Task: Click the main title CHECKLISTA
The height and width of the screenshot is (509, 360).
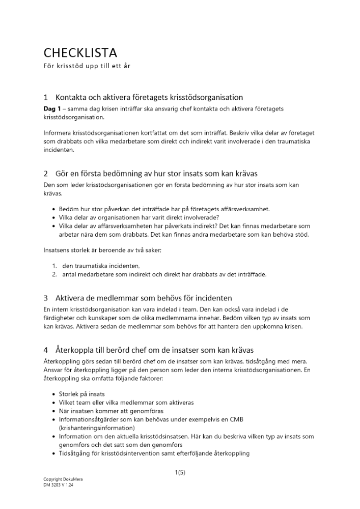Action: tap(80, 53)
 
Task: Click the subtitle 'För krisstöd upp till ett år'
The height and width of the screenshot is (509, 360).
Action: tap(87, 67)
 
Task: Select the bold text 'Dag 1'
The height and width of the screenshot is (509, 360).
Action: tap(52, 109)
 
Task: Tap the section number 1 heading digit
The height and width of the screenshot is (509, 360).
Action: tap(46, 97)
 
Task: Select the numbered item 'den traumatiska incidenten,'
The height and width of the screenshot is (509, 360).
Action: tap(101, 266)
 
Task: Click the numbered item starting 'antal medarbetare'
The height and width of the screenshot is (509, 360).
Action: tap(164, 274)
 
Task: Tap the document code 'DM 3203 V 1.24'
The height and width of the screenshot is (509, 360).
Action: tap(59, 485)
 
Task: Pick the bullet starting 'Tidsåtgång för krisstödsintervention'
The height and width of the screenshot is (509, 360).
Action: tap(154, 453)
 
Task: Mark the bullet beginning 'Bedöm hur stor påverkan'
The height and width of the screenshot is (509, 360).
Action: tap(160, 209)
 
